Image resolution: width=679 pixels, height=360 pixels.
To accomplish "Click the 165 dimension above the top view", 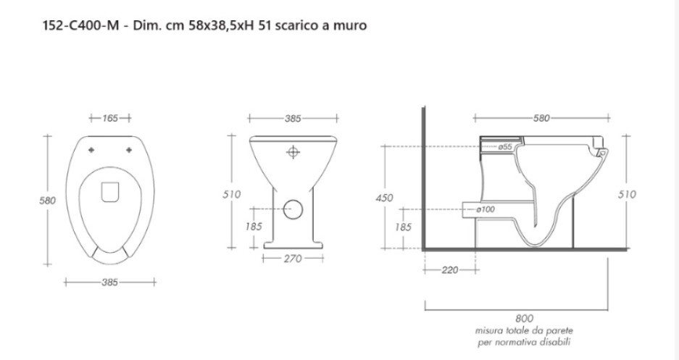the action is click(x=110, y=118).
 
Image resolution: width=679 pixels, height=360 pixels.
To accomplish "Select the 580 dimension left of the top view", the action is click(x=47, y=201).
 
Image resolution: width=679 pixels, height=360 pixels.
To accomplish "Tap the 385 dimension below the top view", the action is click(x=109, y=282).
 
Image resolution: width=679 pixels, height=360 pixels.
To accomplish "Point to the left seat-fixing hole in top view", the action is click(x=91, y=150).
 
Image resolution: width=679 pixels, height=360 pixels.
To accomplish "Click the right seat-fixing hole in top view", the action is click(x=129, y=150).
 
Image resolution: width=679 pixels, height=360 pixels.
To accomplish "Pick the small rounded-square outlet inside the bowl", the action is click(x=110, y=192).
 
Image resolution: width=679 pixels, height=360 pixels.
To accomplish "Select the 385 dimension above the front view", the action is click(x=293, y=119).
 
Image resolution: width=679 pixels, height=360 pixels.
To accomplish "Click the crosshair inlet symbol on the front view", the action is click(x=293, y=152).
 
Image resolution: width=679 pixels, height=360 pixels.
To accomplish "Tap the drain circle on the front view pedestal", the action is click(x=293, y=209).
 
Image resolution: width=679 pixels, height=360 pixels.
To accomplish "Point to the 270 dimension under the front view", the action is click(x=293, y=259).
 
